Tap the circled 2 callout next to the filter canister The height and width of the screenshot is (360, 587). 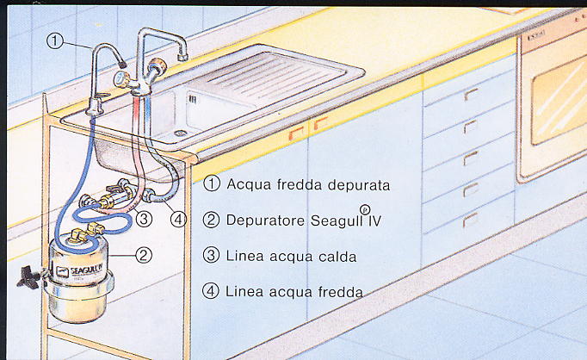(143, 254)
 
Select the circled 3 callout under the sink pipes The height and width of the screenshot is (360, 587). (144, 219)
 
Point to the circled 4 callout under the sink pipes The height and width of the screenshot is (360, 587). (178, 219)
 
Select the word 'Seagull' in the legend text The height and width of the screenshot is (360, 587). (329, 220)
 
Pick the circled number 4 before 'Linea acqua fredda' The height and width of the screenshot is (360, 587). (212, 291)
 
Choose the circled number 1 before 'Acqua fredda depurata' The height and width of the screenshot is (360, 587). (212, 184)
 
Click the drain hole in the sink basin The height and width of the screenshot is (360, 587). (180, 133)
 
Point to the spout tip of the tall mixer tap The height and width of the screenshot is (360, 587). (182, 57)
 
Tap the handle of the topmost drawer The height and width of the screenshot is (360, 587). (471, 95)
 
